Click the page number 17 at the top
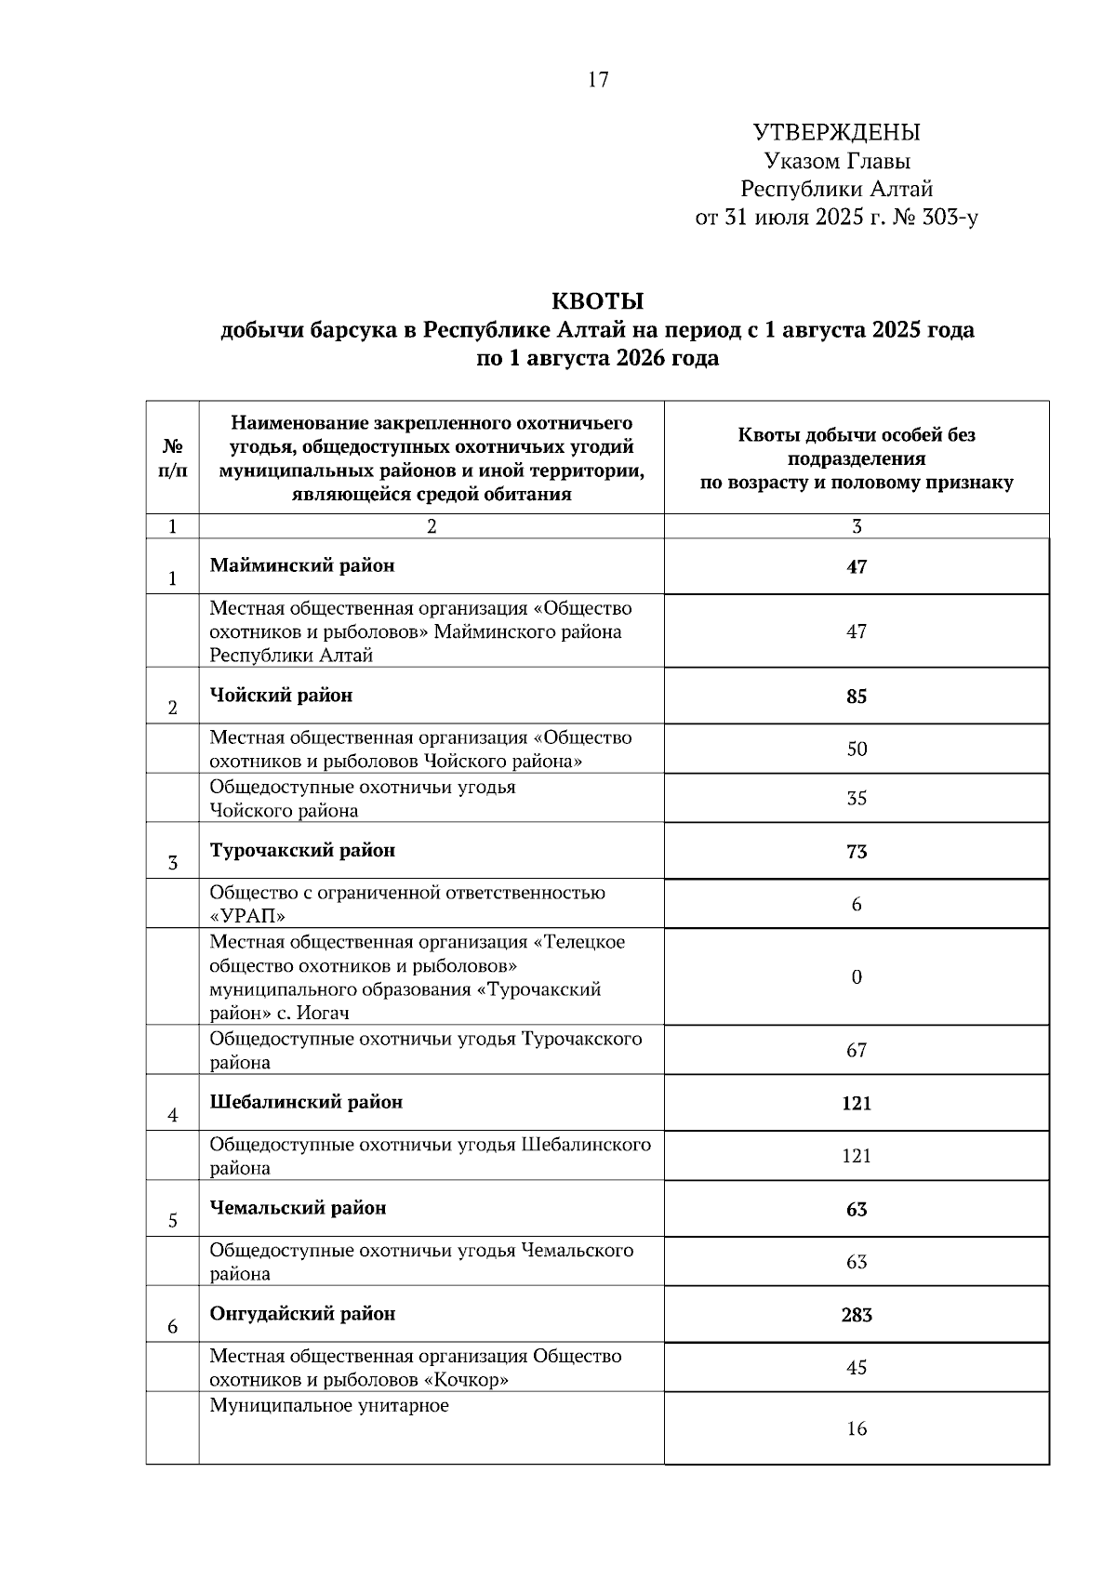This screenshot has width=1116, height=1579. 598,80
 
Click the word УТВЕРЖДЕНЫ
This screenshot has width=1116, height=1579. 836,133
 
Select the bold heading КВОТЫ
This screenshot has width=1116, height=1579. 597,301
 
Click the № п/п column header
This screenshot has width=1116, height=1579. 173,458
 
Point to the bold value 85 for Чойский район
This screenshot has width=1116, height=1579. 857,697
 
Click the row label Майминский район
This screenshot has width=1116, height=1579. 301,565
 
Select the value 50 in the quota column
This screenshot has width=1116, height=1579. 857,749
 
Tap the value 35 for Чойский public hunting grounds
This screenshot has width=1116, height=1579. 857,799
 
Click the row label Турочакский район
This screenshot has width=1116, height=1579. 302,851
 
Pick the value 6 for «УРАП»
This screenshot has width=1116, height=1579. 857,904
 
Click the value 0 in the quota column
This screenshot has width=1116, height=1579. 857,976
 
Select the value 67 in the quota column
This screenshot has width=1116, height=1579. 857,1051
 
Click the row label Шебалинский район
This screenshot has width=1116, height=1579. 306,1103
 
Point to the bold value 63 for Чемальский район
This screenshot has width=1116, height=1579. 857,1210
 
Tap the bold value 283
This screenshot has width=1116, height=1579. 857,1316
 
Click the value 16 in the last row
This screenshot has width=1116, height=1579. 857,1429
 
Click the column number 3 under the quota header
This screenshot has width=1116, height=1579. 857,527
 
